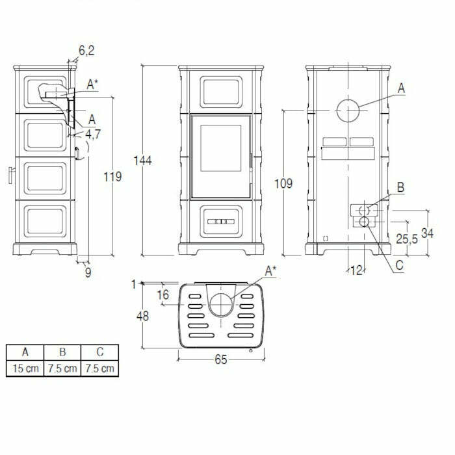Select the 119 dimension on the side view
113,176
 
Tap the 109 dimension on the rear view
283,183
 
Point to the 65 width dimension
221,359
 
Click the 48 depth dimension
143,317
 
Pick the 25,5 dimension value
406,239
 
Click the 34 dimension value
427,233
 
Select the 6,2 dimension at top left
86,49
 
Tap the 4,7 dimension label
92,134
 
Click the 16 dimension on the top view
162,295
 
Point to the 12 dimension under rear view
356,270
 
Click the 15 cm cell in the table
25,369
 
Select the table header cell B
62,352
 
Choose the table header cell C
100,352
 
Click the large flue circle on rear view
348,112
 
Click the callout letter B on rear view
400,188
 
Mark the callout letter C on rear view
399,265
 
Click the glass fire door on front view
220,156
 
